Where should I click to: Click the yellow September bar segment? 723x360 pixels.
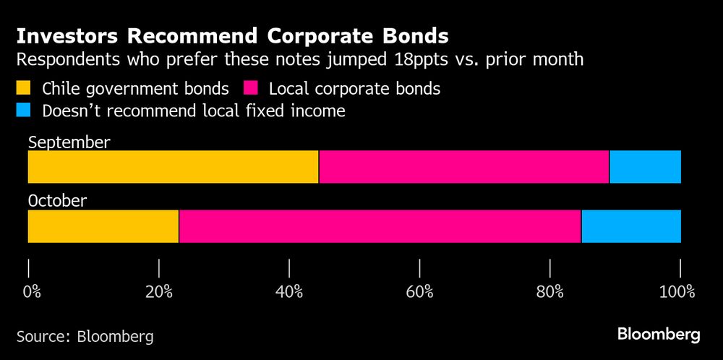pos(173,167)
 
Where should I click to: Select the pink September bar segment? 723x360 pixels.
pos(463,167)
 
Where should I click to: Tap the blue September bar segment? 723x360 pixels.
pos(645,167)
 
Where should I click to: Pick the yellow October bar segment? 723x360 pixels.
pos(103,226)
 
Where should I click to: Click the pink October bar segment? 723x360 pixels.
pos(380,226)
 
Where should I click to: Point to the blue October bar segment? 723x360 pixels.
pos(630,226)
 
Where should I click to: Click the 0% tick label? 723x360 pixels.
pos(32,292)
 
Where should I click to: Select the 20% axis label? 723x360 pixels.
pos(158,292)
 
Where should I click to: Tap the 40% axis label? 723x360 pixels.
pos(289,292)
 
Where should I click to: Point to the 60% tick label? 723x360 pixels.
pos(419,292)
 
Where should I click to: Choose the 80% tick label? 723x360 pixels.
pos(550,292)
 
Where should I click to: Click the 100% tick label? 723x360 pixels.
pos(677,292)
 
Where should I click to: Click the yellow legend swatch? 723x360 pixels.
pos(24,89)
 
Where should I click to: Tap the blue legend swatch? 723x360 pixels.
pos(24,111)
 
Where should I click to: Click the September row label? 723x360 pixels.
pos(69,142)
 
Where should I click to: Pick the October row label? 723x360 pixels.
pos(57,201)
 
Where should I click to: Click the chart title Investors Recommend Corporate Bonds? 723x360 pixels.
pos(232,36)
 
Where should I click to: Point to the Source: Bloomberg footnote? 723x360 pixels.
pos(85,336)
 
